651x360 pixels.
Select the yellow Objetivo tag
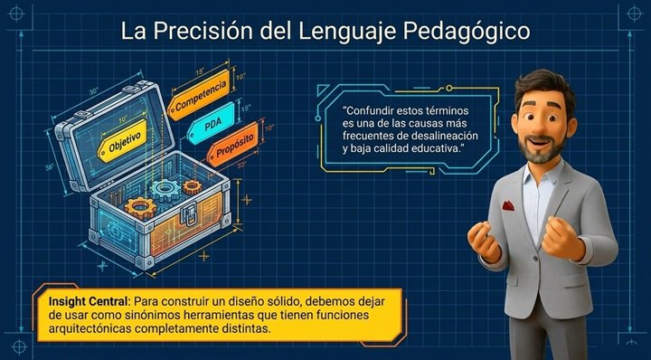(122, 141)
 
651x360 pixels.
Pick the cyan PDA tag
(212, 123)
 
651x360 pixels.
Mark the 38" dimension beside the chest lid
(50, 167)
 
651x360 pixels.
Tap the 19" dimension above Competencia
(200, 71)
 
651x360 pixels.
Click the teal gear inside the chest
(165, 190)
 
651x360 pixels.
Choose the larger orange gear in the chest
(140, 207)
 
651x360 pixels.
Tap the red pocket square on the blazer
(508, 205)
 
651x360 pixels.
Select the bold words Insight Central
(90, 301)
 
